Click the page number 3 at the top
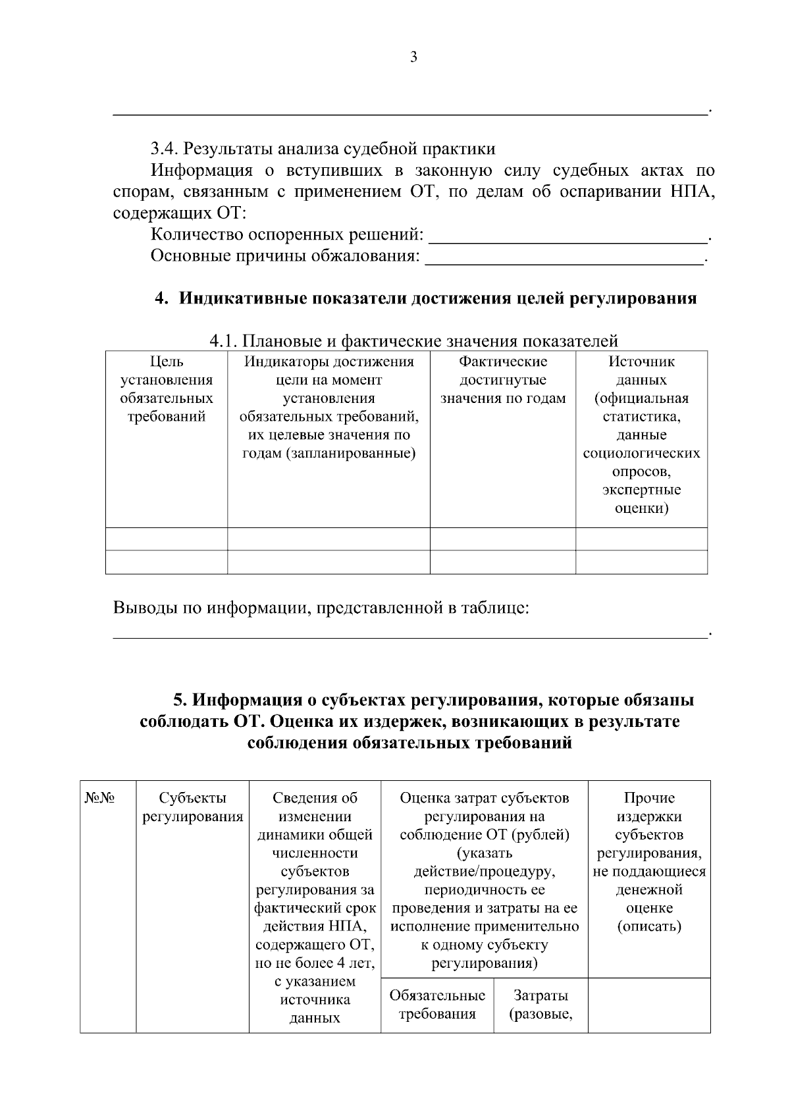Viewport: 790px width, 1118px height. click(x=413, y=57)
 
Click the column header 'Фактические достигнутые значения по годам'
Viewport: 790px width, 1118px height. click(x=503, y=380)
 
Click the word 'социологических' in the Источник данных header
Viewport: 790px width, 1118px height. click(x=641, y=453)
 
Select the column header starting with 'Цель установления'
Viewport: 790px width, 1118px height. click(x=167, y=389)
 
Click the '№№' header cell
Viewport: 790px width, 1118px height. click(x=100, y=798)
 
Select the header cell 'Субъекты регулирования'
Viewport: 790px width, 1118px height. click(x=193, y=807)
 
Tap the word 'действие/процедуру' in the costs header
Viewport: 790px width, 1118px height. click(x=485, y=872)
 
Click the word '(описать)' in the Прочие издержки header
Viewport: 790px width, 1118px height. click(x=648, y=926)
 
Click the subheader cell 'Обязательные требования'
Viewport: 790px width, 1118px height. click(x=437, y=1004)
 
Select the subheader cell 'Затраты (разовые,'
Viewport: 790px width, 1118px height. click(x=540, y=1004)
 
